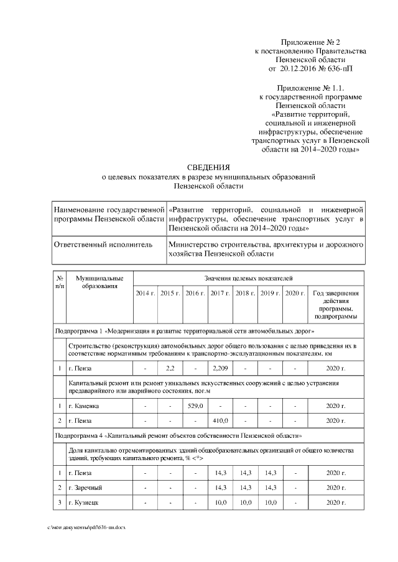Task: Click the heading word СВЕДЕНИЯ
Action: pyautogui.click(x=209, y=167)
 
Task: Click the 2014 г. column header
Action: pyautogui.click(x=145, y=292)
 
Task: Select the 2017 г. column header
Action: pyautogui.click(x=220, y=292)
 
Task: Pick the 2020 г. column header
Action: pyautogui.click(x=295, y=292)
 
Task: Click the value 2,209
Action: pyautogui.click(x=220, y=369)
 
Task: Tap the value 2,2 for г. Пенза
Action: pyautogui.click(x=170, y=369)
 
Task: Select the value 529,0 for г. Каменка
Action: pyautogui.click(x=195, y=406)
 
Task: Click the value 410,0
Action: pyautogui.click(x=220, y=421)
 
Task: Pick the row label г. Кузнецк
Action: pyautogui.click(x=84, y=502)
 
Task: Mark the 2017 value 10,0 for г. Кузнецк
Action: pyautogui.click(x=220, y=502)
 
